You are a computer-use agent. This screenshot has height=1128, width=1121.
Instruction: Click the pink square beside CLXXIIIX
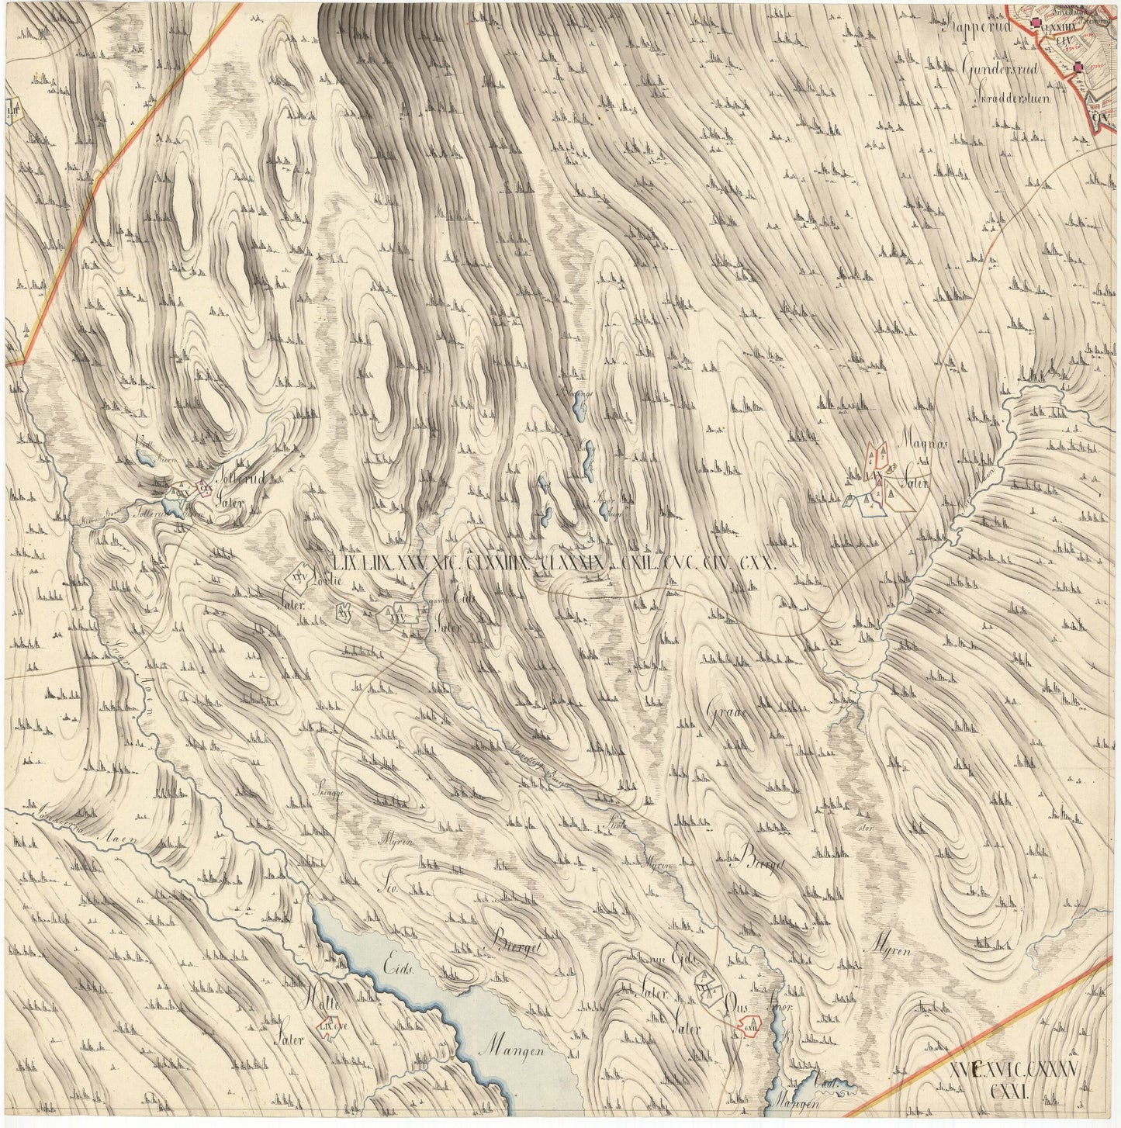(1035, 25)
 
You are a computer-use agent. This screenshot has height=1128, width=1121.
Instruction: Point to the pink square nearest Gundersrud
(1078, 68)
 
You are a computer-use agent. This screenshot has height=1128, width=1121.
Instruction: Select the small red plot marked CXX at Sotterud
(203, 488)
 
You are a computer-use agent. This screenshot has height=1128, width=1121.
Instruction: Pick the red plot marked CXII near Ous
(749, 1026)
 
